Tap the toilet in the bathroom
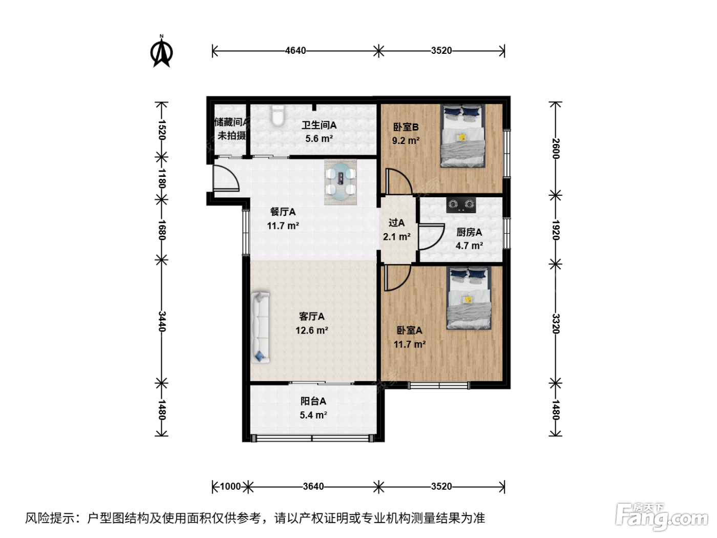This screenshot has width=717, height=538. tap(278, 115)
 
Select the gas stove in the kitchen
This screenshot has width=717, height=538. tap(460, 205)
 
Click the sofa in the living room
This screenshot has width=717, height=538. tap(260, 327)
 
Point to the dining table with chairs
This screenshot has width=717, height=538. tap(341, 182)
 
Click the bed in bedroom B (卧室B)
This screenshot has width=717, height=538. tap(462, 136)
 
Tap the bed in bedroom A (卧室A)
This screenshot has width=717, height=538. tap(469, 298)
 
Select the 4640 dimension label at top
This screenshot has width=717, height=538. tap(296, 51)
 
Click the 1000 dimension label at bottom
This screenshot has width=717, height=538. tap(230, 486)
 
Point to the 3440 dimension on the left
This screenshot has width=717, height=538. tap(162, 321)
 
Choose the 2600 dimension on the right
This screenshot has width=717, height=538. tap(556, 149)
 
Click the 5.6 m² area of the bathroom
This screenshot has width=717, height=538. tap(319, 138)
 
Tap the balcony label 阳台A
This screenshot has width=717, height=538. tap(313, 401)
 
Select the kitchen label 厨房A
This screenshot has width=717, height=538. tap(469, 232)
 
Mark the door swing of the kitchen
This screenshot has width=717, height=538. tap(431, 237)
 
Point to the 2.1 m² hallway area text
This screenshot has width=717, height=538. tap(396, 237)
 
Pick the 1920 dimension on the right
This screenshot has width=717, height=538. tap(556, 230)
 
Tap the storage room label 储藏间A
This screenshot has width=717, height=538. tap(230, 122)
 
